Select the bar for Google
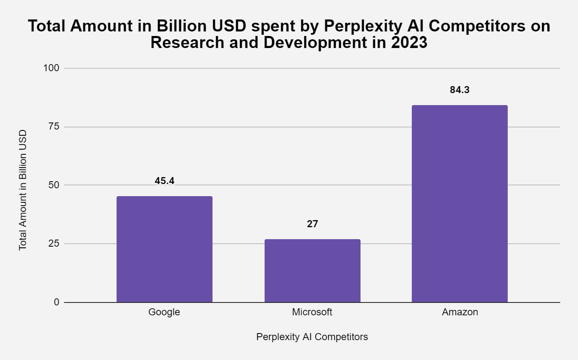[165, 249]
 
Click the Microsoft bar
[312, 271]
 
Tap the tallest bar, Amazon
[459, 204]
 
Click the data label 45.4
[165, 181]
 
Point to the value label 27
[312, 224]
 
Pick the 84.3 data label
[459, 90]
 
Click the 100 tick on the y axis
[51, 68]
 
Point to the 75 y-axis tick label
[54, 127]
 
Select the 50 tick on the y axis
[54, 185]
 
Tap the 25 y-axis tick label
[54, 243]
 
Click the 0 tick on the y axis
[57, 302]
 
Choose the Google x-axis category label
[164, 312]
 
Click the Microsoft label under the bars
[312, 312]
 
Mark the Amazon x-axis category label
[460, 312]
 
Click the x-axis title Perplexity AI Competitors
[312, 337]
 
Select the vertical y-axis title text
[23, 190]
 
